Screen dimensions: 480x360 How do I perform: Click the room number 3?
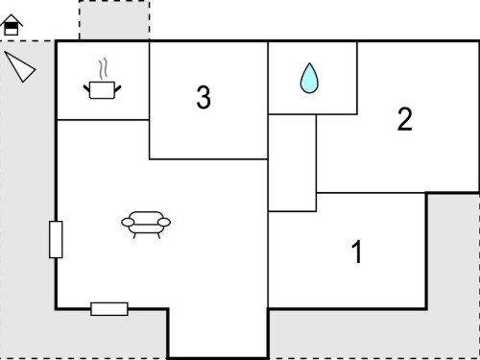coord(204,97)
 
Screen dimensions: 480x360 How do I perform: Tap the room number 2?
coord(405,119)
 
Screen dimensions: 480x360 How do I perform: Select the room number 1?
coord(357,252)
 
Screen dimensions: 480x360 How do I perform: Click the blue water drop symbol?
coord(309,79)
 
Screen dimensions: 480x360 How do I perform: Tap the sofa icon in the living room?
coord(146,225)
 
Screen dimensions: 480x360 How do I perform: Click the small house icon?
coord(12,25)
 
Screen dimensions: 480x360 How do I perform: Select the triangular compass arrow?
coord(20,66)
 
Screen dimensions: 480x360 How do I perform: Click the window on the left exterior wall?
coord(56,239)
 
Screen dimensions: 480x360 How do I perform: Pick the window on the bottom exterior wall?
coord(109,309)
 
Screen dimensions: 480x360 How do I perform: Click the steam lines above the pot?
coord(103,69)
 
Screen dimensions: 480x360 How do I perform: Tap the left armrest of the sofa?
coord(128,222)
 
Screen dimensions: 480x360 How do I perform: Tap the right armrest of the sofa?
coord(164,222)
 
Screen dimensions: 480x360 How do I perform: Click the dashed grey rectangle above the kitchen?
coord(114,20)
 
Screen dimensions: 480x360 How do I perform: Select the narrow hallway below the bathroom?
coord(292,163)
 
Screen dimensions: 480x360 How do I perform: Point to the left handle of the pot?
coord(86,88)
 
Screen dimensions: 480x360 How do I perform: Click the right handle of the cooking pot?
coord(118,88)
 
